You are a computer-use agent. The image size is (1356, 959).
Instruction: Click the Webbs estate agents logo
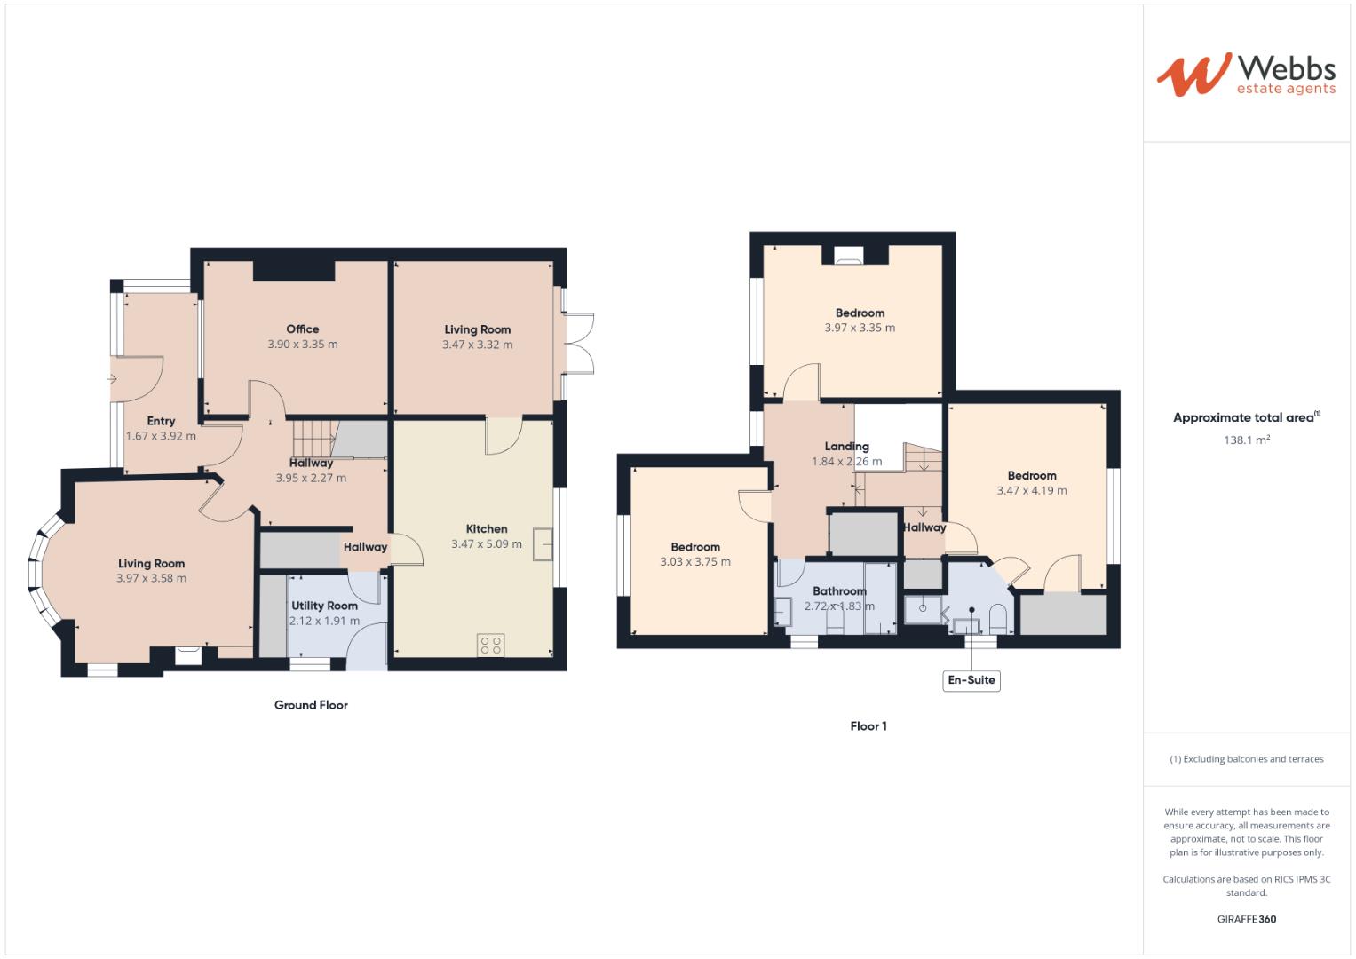[1245, 75]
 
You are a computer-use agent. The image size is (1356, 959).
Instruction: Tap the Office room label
[302, 329]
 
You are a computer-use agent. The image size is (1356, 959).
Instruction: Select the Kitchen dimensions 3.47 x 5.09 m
[486, 544]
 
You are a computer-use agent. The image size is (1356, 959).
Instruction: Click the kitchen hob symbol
[490, 644]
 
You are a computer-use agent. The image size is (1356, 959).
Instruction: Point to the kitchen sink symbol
[542, 544]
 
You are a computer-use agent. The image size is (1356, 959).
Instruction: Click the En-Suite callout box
[971, 681]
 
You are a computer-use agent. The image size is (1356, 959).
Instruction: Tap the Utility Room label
[324, 606]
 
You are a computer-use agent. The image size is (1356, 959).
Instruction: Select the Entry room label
[161, 421]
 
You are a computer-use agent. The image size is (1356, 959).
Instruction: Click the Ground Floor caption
[311, 705]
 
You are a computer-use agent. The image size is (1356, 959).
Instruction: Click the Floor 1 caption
[868, 726]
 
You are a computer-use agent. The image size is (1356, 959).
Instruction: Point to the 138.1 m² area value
[1246, 440]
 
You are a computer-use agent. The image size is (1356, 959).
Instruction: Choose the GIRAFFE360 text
[1246, 919]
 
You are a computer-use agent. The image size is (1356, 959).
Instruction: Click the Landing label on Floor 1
[846, 447]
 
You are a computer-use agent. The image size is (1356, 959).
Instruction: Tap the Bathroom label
[839, 591]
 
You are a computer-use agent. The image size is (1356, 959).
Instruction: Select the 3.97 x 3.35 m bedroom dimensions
[859, 328]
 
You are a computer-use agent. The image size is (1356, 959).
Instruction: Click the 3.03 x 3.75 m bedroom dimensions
[694, 562]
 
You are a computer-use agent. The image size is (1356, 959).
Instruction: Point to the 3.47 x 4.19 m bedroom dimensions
[1031, 490]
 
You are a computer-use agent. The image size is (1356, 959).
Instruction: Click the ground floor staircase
[313, 438]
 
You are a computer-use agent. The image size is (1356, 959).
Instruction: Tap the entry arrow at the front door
[112, 379]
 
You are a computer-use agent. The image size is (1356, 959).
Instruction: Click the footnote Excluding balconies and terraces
[1246, 759]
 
